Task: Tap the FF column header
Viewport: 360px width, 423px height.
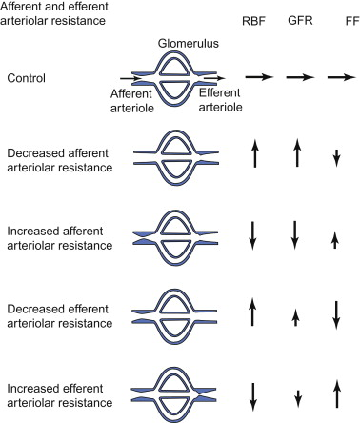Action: (340, 16)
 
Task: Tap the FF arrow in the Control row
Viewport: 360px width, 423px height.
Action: (340, 78)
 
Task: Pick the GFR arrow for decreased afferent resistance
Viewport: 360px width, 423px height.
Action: (300, 153)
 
